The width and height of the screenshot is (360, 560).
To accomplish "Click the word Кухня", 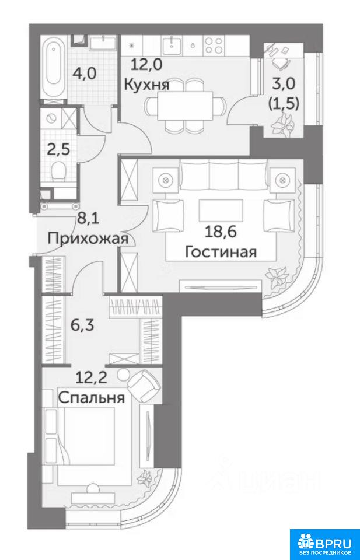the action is tap(146, 85).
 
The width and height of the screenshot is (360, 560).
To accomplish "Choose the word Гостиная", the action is tap(221, 252).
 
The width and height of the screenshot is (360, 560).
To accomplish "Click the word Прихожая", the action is tap(88, 238).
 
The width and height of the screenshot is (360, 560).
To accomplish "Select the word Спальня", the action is tap(92, 397).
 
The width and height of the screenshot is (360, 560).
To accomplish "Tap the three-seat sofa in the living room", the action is tap(223, 174).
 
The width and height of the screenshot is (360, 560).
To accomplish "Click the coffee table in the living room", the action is tap(221, 209).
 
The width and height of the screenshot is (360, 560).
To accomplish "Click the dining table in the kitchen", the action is tap(186, 106).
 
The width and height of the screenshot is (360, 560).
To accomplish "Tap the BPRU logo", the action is tap(324, 544).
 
